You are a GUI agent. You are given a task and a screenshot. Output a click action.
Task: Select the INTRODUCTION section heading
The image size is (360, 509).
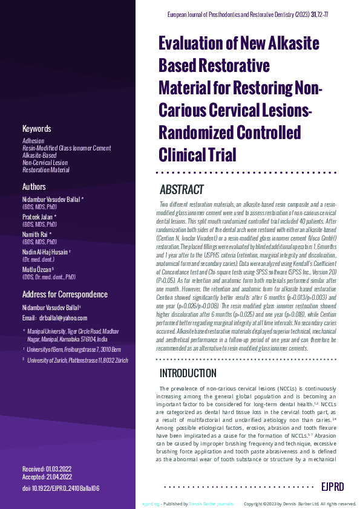pyautogui.click(x=188, y=373)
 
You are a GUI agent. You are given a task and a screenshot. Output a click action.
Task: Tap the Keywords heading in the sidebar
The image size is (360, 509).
pyautogui.click(x=36, y=129)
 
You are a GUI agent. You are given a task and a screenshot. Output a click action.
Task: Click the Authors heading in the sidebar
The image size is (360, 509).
pyautogui.click(x=34, y=187)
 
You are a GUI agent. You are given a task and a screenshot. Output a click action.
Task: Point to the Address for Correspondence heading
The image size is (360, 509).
pyautogui.click(x=65, y=294)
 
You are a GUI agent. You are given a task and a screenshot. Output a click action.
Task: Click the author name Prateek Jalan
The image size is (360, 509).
pyautogui.click(x=39, y=216)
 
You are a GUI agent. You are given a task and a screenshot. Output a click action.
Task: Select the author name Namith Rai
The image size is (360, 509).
pyautogui.click(x=38, y=233)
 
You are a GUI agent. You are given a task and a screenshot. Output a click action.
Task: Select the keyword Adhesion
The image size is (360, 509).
pyautogui.click(x=33, y=141)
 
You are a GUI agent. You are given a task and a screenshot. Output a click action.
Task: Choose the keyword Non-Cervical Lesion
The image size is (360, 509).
pyautogui.click(x=45, y=163)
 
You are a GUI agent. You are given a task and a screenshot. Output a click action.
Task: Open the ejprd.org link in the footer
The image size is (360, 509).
pyautogui.click(x=151, y=504)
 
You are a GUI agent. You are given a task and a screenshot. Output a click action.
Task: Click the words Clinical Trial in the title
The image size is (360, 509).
pyautogui.click(x=197, y=154)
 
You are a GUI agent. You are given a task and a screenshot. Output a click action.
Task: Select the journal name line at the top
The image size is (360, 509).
pyautogui.click(x=260, y=13)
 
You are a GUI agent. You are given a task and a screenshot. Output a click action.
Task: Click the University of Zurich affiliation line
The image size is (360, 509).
pyautogui.click(x=84, y=360)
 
